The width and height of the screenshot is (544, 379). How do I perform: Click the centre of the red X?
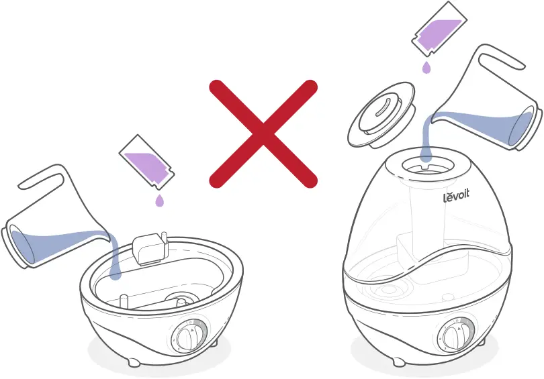click(x=262, y=133)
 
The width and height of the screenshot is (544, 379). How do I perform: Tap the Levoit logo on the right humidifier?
click(x=457, y=197)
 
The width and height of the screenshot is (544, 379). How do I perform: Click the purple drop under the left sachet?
click(x=158, y=201)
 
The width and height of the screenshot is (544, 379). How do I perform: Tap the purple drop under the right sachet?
click(x=426, y=67)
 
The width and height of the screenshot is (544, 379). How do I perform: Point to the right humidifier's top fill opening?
click(x=424, y=164)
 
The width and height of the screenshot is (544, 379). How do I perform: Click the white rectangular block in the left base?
click(x=150, y=250)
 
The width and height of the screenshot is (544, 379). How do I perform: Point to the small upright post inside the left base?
click(x=124, y=298)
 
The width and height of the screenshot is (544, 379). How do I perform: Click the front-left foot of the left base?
click(x=132, y=362)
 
